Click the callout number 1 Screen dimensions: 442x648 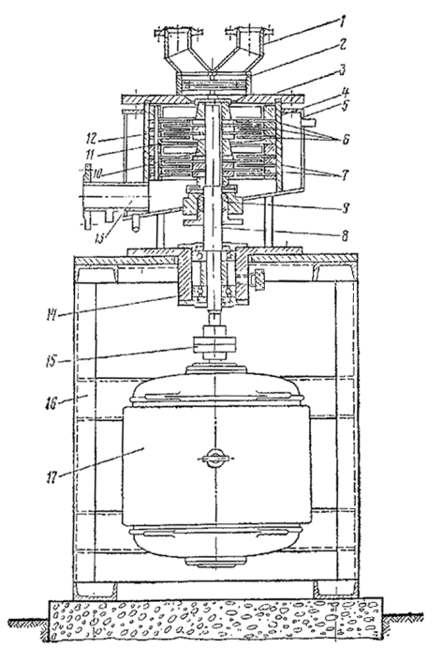[342, 21]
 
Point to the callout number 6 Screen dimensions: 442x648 [345, 139]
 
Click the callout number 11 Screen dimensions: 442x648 [91, 154]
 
